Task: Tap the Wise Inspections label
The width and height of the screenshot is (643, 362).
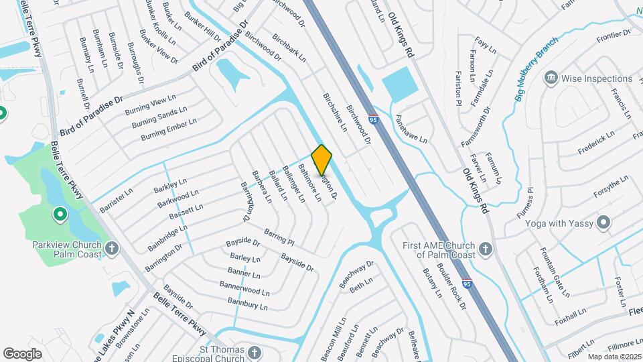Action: pyautogui.click(x=597, y=78)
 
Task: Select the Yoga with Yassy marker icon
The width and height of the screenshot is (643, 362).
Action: pyautogui.click(x=604, y=223)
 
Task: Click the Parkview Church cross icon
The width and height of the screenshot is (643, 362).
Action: pyautogui.click(x=113, y=249)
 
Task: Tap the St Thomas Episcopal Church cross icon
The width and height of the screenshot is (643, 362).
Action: pyautogui.click(x=254, y=353)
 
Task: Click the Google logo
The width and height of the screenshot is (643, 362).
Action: pyautogui.click(x=22, y=353)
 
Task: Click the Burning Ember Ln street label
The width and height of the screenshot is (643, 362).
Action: pyautogui.click(x=169, y=130)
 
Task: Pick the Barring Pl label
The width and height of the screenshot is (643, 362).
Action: pyautogui.click(x=279, y=236)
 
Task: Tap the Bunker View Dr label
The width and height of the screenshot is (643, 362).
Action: pyautogui.click(x=159, y=47)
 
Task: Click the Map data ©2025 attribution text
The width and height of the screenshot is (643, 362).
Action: pyautogui.click(x=613, y=357)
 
